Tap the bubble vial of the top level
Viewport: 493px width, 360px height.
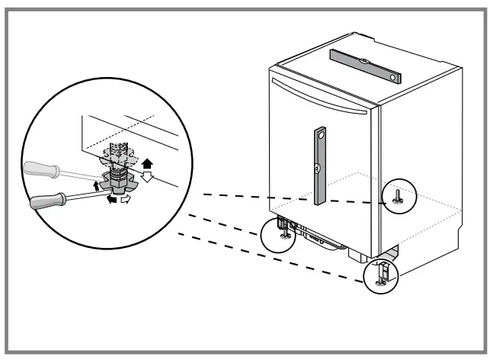point(364,64)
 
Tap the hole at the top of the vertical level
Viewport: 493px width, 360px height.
point(322,134)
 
